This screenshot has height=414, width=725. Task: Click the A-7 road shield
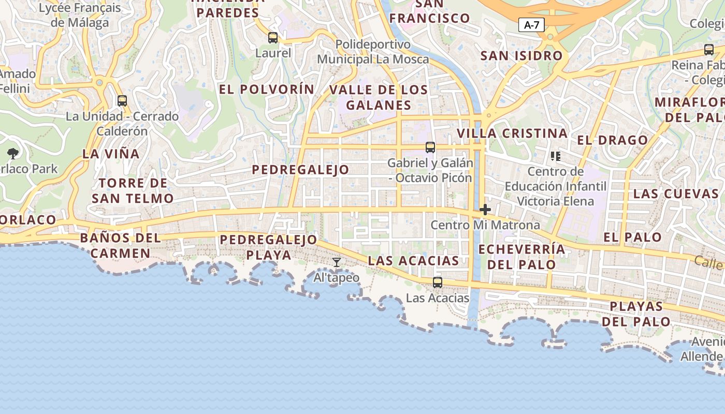point(531,24)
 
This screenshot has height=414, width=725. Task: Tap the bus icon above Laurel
point(273,37)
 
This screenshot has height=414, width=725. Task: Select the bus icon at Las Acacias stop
point(438,282)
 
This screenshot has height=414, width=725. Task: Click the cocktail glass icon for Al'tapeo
point(337,262)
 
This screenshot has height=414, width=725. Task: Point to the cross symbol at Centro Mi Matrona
point(485,210)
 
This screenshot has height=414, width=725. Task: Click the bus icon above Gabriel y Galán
point(430,147)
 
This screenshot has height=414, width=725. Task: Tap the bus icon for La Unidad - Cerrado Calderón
point(122,101)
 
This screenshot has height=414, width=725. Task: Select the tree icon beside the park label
point(13,154)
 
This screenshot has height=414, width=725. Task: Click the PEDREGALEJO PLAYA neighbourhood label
point(268,247)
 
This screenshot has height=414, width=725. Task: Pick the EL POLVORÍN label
point(267,89)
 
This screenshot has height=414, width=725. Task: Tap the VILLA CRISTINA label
point(512,133)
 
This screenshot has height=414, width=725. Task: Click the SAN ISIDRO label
point(521,55)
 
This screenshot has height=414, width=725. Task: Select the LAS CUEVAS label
point(676,194)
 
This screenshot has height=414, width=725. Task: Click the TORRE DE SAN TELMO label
point(133,190)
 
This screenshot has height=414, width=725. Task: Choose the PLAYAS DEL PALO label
point(636,314)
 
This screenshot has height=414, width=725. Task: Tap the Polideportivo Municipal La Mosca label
point(373,52)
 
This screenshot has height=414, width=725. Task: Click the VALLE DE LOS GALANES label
point(379,97)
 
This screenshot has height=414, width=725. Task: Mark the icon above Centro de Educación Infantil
point(556,156)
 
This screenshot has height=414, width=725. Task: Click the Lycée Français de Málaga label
point(80,15)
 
